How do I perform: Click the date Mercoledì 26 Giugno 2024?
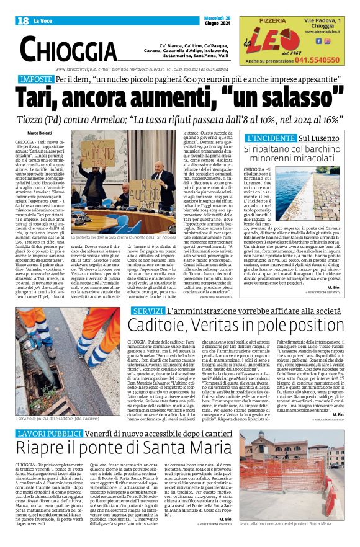[x=203, y=20]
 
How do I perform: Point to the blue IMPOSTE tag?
[x=37, y=80]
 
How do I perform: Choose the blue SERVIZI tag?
[x=148, y=309]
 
